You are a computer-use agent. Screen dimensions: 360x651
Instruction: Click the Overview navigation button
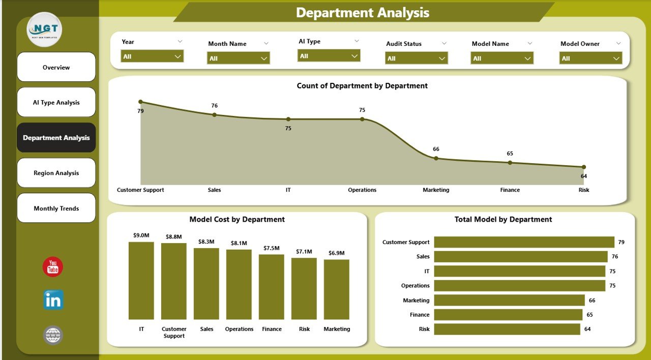pyautogui.click(x=56, y=67)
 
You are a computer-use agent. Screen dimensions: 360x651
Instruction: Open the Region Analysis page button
pyautogui.click(x=56, y=173)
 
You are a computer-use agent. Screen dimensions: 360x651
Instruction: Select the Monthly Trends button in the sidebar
pyautogui.click(x=56, y=208)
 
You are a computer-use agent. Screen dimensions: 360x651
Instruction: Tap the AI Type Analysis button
pyautogui.click(x=56, y=102)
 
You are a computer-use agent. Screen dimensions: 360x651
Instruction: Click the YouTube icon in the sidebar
pyautogui.click(x=53, y=267)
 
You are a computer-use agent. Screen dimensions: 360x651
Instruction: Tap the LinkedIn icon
pyautogui.click(x=53, y=300)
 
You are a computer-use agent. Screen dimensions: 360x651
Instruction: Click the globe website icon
pyautogui.click(x=53, y=335)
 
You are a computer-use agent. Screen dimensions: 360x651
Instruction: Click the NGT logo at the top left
pyautogui.click(x=44, y=29)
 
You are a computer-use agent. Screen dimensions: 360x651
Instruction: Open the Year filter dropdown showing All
pyautogui.click(x=152, y=56)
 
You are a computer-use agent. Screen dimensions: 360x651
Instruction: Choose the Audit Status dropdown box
pyautogui.click(x=417, y=58)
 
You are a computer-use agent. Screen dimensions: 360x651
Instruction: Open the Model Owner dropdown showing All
pyautogui.click(x=591, y=58)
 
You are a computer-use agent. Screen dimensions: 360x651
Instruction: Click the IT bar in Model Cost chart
pyautogui.click(x=141, y=281)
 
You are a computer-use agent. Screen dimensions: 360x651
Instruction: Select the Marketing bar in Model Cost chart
pyautogui.click(x=337, y=289)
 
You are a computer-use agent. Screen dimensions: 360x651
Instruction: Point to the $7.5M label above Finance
pyautogui.click(x=272, y=248)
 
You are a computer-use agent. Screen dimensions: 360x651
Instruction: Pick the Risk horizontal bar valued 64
pyautogui.click(x=507, y=329)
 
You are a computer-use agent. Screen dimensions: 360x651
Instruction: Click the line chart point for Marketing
pyautogui.click(x=436, y=158)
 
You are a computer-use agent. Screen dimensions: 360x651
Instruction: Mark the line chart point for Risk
pyautogui.click(x=583, y=167)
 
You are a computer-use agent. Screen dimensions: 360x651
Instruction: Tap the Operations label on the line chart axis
pyautogui.click(x=362, y=190)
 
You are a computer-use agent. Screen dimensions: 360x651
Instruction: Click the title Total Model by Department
pyautogui.click(x=503, y=220)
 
